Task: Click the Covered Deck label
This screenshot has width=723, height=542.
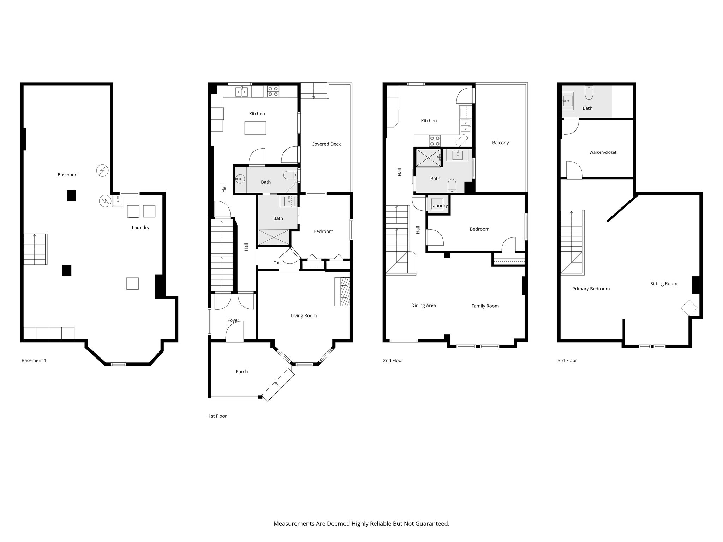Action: pos(326,144)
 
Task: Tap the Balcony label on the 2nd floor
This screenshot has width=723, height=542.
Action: pos(500,143)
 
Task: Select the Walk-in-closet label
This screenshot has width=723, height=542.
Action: pos(603,152)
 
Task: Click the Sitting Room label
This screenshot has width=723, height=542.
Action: pos(664,284)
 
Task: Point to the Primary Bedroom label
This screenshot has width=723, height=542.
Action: pos(591,289)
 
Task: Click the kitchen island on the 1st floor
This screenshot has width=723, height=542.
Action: pos(256,128)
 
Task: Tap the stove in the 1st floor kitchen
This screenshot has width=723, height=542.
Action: pos(273,91)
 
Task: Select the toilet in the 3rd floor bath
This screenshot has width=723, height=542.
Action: pos(589,93)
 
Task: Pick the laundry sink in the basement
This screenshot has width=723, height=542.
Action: pos(118,201)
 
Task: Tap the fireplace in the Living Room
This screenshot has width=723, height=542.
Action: pos(342,291)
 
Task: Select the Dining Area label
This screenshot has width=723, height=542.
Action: pos(423,305)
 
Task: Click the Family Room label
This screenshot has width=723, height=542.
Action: pos(485,306)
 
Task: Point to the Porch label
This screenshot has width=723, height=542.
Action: pos(241,372)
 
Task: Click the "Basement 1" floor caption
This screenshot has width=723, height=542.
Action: pos(34,360)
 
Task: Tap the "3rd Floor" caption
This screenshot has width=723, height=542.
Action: pos(567,360)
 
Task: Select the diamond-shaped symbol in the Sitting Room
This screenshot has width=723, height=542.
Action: pos(689,308)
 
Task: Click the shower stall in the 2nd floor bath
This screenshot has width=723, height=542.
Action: pos(428,157)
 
